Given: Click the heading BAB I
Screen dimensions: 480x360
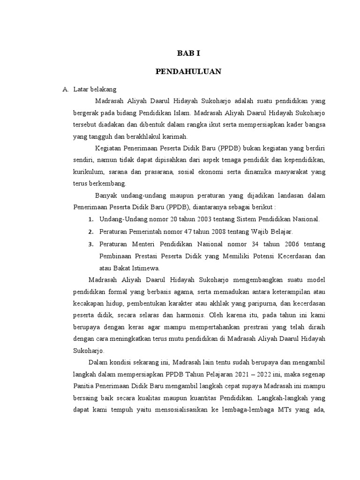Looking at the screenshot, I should [188, 53].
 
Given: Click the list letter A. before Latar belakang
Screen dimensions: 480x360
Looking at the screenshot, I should [66, 89].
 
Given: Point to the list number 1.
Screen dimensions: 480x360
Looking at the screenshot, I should [90, 219].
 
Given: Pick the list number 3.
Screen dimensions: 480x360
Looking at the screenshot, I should [90, 244].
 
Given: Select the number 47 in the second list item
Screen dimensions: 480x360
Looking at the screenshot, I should [185, 232].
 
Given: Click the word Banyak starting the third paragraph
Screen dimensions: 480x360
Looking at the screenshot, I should [105, 195].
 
